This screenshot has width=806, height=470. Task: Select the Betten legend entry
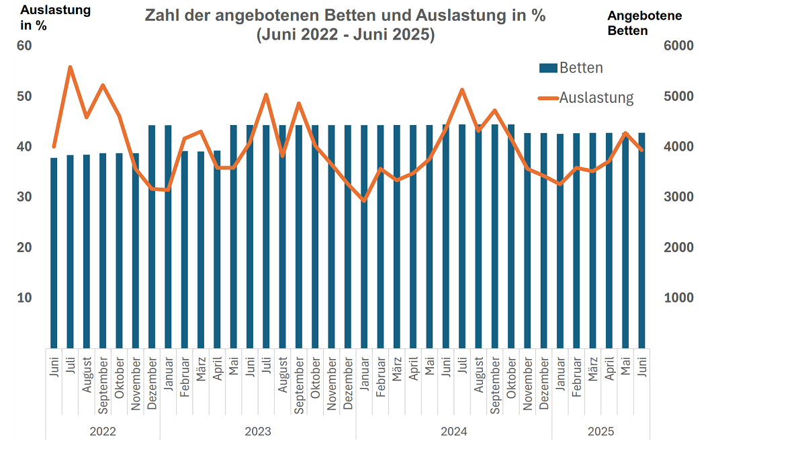pyautogui.click(x=571, y=68)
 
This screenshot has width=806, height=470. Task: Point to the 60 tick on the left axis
pyautogui.click(x=24, y=46)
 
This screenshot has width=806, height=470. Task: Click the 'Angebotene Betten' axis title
pyautogui.click(x=644, y=23)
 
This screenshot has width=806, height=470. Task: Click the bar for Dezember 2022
pyautogui.click(x=152, y=235)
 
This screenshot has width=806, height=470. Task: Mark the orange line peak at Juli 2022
pyautogui.click(x=71, y=67)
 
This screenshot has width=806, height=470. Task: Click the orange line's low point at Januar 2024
pyautogui.click(x=364, y=200)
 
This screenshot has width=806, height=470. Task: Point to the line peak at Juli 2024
pyautogui.click(x=462, y=89)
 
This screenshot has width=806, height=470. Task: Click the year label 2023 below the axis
pyautogui.click(x=258, y=431)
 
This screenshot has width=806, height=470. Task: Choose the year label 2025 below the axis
pyautogui.click(x=600, y=431)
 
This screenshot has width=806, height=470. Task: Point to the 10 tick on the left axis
pyautogui.click(x=24, y=298)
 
